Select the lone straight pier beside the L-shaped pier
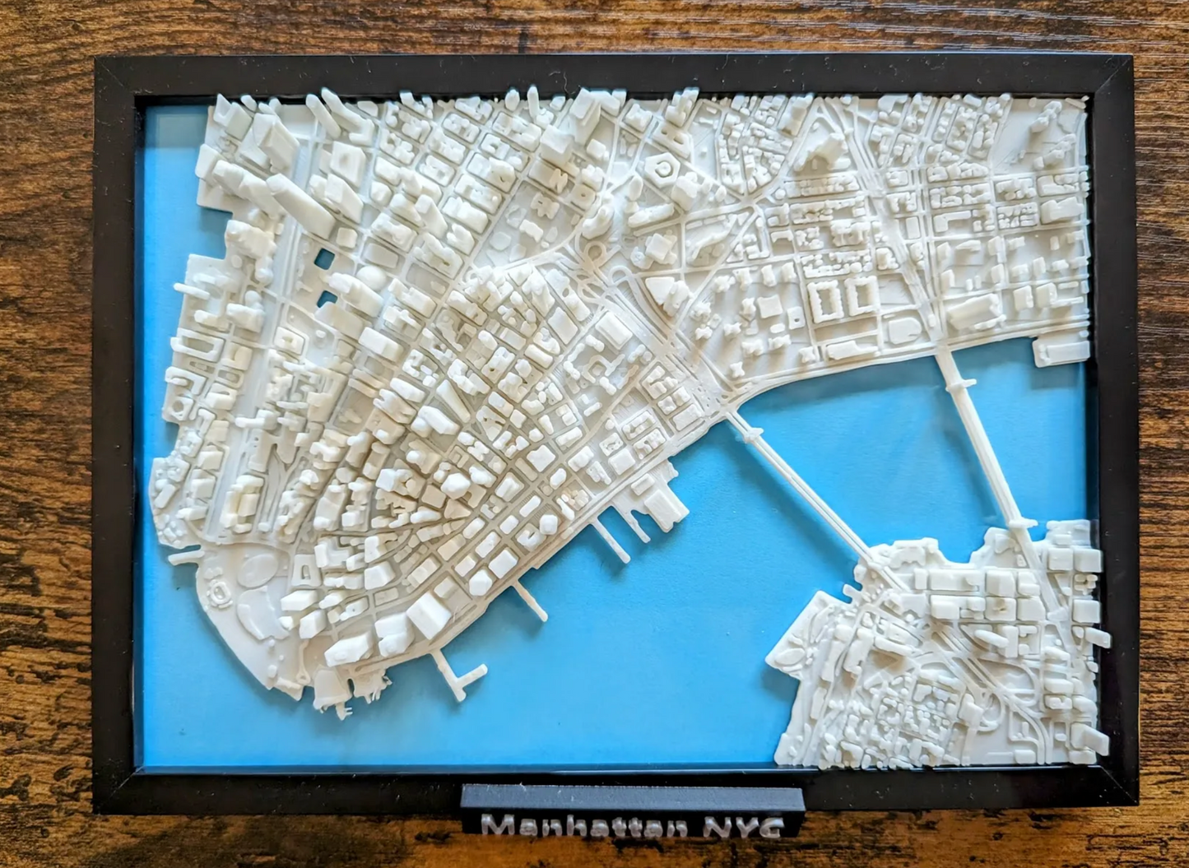[532, 605]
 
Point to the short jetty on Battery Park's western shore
[183, 556]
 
